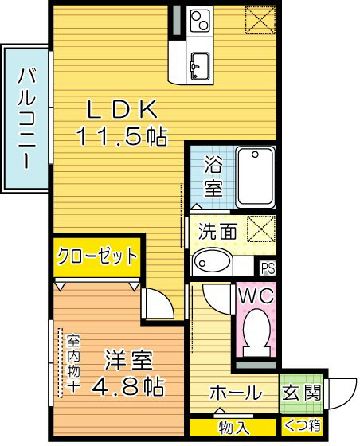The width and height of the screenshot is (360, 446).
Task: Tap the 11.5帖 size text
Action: (x=121, y=136)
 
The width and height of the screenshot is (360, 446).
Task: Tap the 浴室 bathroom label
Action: (x=213, y=178)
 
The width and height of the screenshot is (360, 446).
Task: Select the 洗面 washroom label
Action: (x=217, y=232)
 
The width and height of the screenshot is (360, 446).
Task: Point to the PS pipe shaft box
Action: (x=268, y=268)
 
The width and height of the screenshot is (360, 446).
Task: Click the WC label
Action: (x=256, y=296)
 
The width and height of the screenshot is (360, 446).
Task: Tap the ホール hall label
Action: (x=235, y=393)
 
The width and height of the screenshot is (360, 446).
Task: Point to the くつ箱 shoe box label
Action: (x=303, y=428)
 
